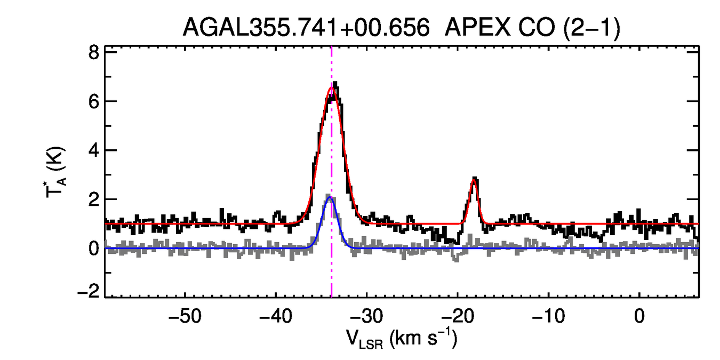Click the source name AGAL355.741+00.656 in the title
coord(306,27)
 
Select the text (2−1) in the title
coord(590,27)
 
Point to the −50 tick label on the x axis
coord(185,316)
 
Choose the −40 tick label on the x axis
coord(276,316)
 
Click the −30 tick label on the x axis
coord(367,316)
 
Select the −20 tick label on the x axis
coord(458,316)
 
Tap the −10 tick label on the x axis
coord(548,316)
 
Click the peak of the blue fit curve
coord(330,197)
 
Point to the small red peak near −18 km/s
coord(474,180)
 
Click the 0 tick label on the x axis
coord(639,316)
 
